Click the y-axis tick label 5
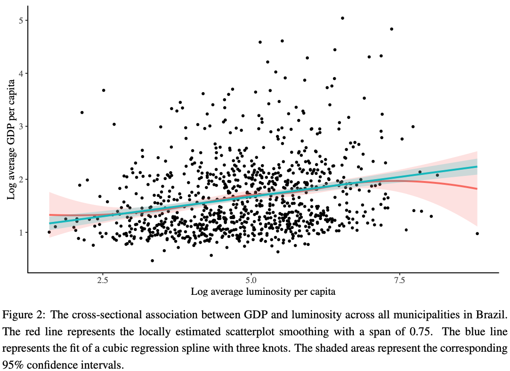point(21,20)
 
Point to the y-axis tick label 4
point(21,73)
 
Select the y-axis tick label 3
point(21,126)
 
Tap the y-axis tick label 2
point(21,180)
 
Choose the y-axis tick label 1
point(21,232)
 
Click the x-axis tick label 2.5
point(102,280)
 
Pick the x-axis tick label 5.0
point(251,280)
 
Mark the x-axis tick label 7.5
point(399,280)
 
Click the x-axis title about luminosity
point(263,292)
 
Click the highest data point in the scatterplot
point(342,18)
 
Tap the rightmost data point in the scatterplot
point(477,233)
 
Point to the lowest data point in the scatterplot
point(152,260)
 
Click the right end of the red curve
point(477,189)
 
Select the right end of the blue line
point(477,166)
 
